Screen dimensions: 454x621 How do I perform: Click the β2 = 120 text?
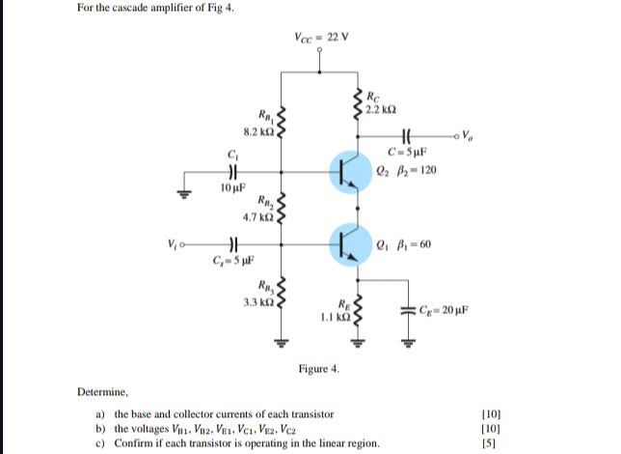point(416,170)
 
